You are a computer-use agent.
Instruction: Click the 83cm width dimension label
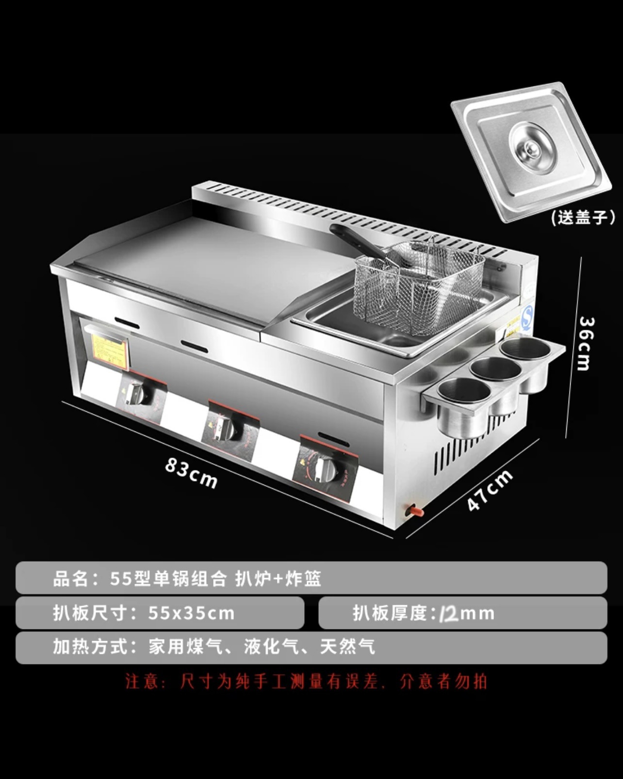pos(191,472)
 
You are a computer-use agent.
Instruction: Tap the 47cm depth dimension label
pos(490,490)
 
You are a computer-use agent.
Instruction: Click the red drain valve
pos(415,511)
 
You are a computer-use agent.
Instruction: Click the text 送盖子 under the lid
pos(583,217)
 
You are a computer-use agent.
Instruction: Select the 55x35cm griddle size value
pos(191,613)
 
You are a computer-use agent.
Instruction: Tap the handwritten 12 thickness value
pos(448,613)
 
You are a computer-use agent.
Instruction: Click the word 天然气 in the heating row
pos(347,647)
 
